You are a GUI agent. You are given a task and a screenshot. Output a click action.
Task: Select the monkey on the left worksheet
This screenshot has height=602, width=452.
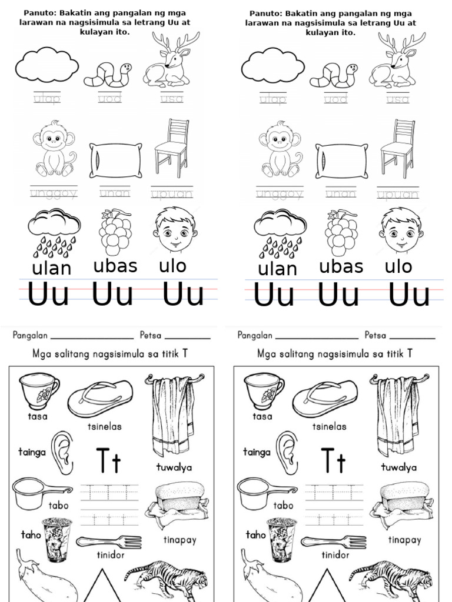pyautogui.click(x=54, y=148)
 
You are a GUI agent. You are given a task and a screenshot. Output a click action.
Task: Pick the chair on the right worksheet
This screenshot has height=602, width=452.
pyautogui.click(x=398, y=148)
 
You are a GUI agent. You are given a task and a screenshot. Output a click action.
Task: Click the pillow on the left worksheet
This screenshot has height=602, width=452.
pyautogui.click(x=116, y=160)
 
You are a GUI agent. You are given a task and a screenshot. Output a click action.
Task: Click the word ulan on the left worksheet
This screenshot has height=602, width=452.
pyautogui.click(x=52, y=269)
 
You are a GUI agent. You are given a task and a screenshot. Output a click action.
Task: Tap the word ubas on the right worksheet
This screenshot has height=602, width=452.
pyautogui.click(x=341, y=266)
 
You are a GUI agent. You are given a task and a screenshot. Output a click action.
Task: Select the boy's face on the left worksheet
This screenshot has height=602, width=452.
pyautogui.click(x=175, y=230)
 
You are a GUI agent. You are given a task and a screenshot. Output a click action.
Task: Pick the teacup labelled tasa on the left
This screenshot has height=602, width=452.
pyautogui.click(x=38, y=390)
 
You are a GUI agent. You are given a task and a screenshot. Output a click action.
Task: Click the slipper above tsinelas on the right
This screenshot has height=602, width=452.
pyautogui.click(x=325, y=399)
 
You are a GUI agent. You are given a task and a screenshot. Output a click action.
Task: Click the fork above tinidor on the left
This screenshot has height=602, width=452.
pyautogui.click(x=108, y=541)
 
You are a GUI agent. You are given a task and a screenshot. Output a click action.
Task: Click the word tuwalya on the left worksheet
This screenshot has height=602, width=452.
pyautogui.click(x=175, y=467)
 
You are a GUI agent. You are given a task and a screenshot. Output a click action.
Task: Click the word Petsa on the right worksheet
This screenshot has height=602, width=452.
pyautogui.click(x=375, y=336)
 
